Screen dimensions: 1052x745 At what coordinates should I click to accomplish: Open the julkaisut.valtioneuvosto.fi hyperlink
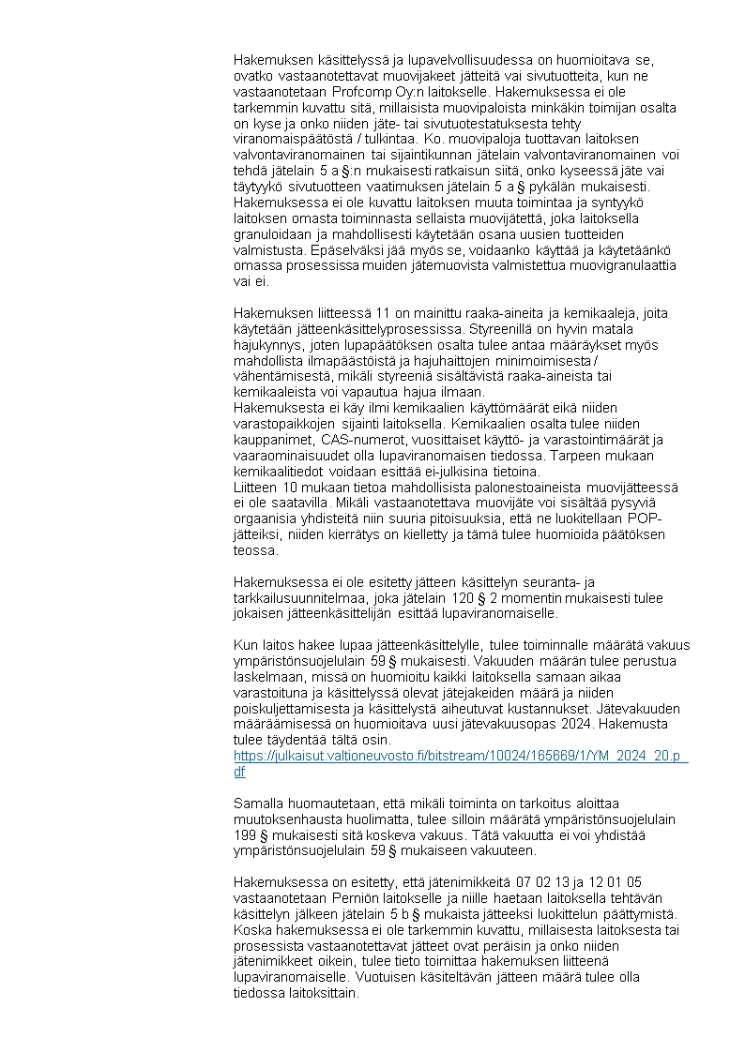(x=460, y=755)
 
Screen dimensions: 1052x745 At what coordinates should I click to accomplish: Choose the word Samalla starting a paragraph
(x=260, y=804)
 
